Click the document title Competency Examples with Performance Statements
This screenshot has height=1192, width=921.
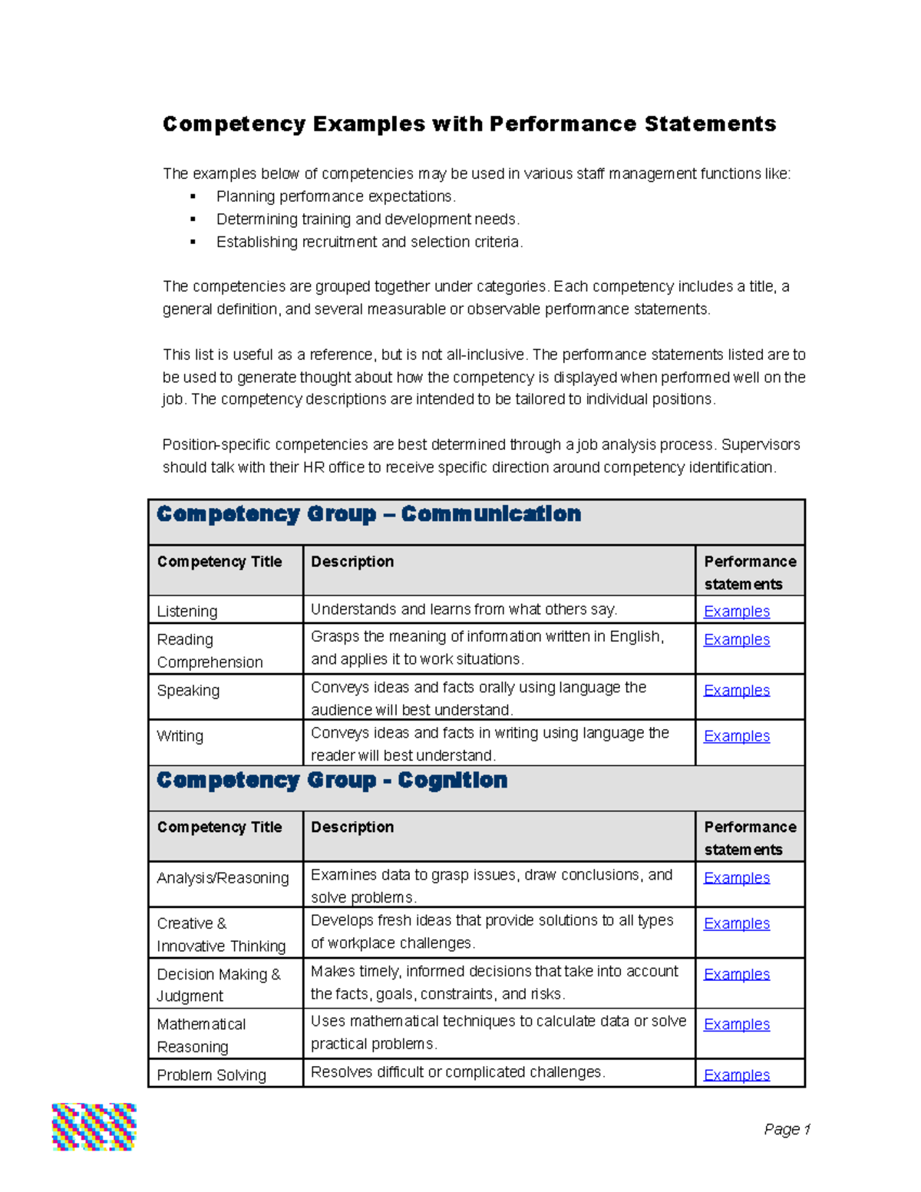click(469, 124)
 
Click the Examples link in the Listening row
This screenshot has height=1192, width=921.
click(736, 612)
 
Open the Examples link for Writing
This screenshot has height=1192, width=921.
click(736, 736)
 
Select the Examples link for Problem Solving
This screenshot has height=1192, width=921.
click(736, 1075)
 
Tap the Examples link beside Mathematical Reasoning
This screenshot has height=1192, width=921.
click(736, 1025)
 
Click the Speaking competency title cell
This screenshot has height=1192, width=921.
click(188, 691)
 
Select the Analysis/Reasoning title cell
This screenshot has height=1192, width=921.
click(223, 878)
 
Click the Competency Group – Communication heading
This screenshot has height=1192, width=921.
click(368, 514)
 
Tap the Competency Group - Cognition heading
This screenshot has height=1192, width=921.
click(332, 781)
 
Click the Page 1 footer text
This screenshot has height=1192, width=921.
click(787, 1129)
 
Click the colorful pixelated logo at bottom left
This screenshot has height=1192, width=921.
click(94, 1127)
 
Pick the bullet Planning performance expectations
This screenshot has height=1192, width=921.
click(335, 196)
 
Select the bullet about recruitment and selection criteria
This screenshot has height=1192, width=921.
click(369, 242)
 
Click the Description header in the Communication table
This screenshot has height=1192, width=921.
click(352, 562)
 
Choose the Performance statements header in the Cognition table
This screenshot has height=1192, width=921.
click(749, 838)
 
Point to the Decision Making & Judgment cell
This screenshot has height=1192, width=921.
click(219, 985)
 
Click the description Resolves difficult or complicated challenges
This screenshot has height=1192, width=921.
click(457, 1072)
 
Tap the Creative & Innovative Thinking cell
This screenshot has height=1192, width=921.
click(221, 934)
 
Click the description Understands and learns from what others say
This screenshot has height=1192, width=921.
click(464, 609)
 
